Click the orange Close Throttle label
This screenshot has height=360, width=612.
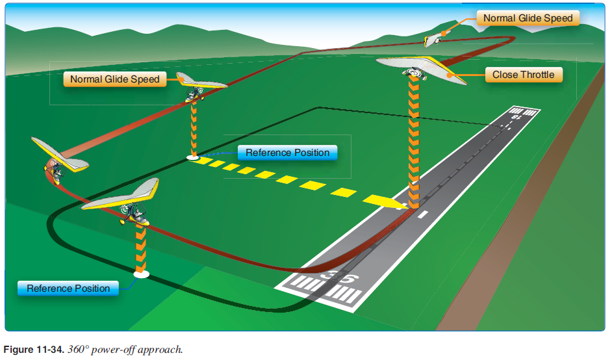tap(523, 75)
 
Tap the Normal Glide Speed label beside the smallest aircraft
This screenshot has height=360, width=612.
tap(528, 18)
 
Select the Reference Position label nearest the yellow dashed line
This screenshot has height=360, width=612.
tap(287, 153)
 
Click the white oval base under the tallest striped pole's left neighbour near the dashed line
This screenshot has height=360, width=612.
tap(193, 157)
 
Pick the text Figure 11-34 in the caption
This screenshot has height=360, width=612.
tap(32, 350)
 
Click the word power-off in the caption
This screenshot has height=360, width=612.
tap(114, 350)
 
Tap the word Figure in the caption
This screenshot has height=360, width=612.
tap(18, 350)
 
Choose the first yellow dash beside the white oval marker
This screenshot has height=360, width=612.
tap(206, 161)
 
